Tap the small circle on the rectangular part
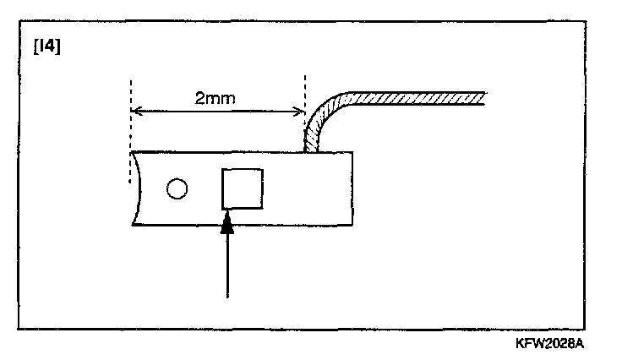(x=177, y=188)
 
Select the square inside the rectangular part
(x=242, y=188)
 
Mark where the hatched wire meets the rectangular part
(x=312, y=151)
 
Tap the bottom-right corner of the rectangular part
(x=352, y=226)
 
